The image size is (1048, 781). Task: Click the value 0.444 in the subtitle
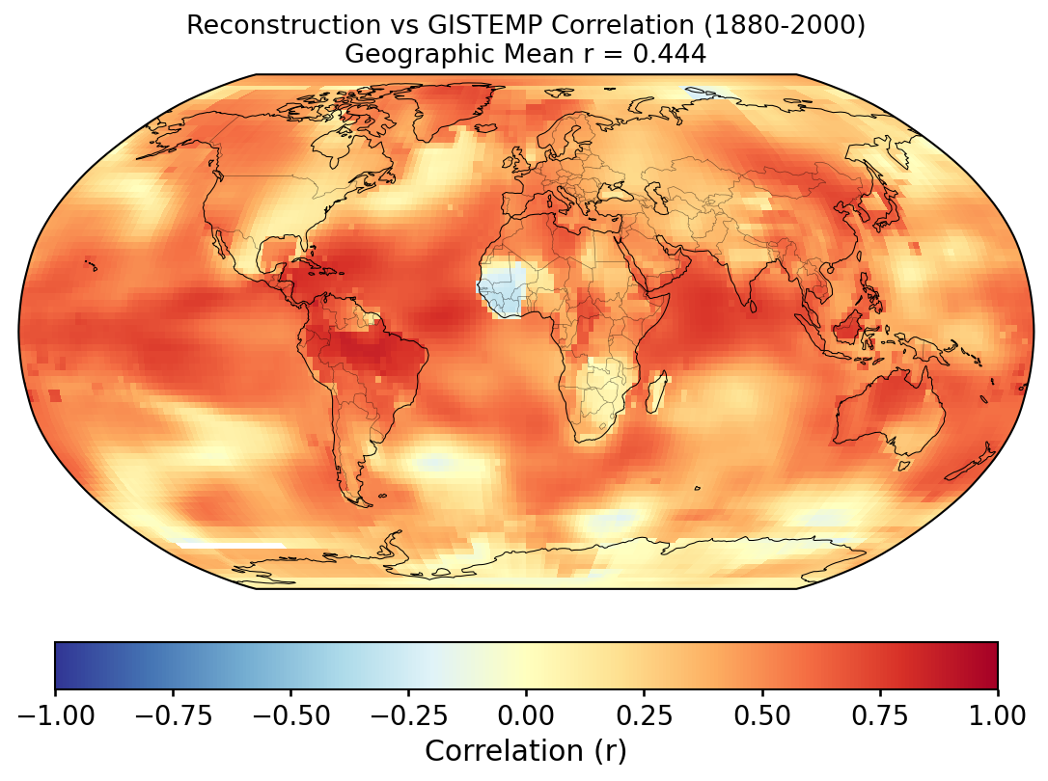pyautogui.click(x=669, y=55)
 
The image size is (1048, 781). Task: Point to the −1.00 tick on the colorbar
pyautogui.click(x=55, y=715)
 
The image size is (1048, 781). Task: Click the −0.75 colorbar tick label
pyautogui.click(x=173, y=715)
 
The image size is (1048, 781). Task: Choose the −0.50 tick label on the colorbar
pyautogui.click(x=290, y=715)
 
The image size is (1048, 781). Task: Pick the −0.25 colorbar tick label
pyautogui.click(x=408, y=715)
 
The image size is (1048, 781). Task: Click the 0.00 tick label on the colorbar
pyautogui.click(x=526, y=715)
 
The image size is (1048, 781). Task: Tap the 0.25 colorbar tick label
pyautogui.click(x=644, y=715)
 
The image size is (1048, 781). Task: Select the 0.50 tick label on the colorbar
pyautogui.click(x=761, y=715)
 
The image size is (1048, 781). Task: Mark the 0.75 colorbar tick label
pyautogui.click(x=879, y=715)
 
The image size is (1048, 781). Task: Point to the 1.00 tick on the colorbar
pyautogui.click(x=997, y=715)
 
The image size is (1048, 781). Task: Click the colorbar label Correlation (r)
pyautogui.click(x=526, y=750)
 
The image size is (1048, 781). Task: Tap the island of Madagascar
pyautogui.click(x=658, y=394)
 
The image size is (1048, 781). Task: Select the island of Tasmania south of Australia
pyautogui.click(x=904, y=465)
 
